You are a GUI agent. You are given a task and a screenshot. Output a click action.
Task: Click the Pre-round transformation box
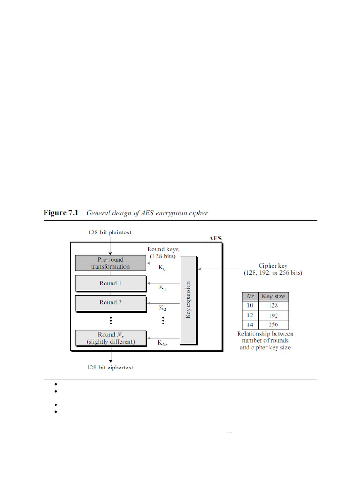(110, 263)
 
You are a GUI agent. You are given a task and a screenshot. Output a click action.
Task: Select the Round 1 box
(110, 283)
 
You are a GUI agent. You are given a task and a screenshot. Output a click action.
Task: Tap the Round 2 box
(110, 303)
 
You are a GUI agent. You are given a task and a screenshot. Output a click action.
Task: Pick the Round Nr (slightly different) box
(110, 338)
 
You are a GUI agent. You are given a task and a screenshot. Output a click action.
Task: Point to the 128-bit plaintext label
(110, 232)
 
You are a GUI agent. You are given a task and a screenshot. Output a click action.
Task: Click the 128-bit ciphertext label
(110, 367)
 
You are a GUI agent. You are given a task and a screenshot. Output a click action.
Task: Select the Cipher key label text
(273, 266)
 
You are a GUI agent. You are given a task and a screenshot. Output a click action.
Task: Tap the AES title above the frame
(215, 238)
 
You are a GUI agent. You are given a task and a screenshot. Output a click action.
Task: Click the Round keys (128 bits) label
(163, 253)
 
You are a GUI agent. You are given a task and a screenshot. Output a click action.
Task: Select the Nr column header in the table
(250, 296)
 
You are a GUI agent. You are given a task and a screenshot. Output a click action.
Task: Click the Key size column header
(273, 296)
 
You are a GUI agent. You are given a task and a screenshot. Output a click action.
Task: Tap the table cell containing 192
(273, 315)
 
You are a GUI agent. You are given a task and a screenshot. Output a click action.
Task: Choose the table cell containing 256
(273, 324)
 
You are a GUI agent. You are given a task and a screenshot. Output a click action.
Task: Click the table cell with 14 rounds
(250, 324)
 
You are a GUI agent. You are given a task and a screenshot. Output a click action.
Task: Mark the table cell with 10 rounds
(250, 306)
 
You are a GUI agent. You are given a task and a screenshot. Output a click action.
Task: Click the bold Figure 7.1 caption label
(61, 213)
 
